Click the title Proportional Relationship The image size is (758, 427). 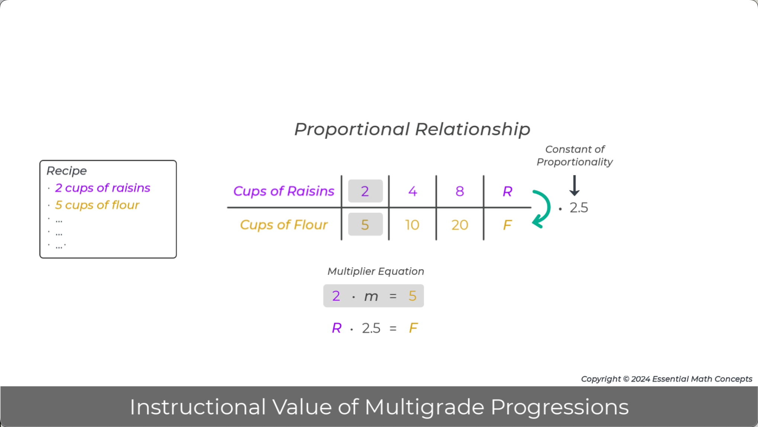(x=412, y=129)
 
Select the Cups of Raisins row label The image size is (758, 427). (x=283, y=191)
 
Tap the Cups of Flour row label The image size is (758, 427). (x=283, y=225)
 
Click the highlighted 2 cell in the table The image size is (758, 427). (x=365, y=191)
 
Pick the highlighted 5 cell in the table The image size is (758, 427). (x=365, y=225)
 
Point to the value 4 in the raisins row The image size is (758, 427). (x=412, y=191)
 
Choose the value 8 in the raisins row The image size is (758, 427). (x=460, y=191)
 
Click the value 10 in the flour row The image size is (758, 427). (x=412, y=225)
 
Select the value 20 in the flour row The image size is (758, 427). (x=460, y=225)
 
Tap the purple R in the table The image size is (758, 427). (x=507, y=191)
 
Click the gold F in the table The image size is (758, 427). (x=507, y=225)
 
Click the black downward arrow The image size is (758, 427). (x=574, y=185)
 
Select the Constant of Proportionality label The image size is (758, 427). (x=575, y=155)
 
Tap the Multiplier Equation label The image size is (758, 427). (x=376, y=271)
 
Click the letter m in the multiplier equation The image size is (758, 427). (x=371, y=296)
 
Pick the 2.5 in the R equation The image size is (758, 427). (x=371, y=328)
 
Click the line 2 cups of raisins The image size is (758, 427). (x=102, y=188)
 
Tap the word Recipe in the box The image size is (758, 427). (x=67, y=171)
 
